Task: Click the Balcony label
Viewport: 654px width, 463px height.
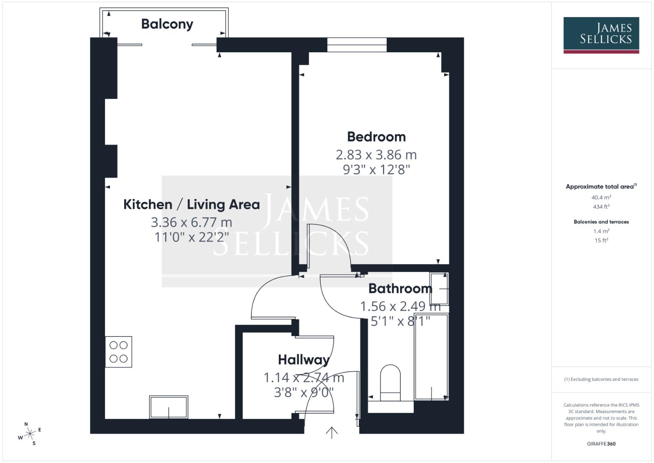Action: point(167,24)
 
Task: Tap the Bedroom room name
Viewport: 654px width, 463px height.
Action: point(376,137)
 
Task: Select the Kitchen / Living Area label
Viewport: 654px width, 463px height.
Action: point(191,204)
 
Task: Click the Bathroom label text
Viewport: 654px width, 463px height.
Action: point(400,289)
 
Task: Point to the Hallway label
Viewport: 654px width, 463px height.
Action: point(304,360)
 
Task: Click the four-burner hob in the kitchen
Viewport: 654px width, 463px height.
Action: point(119,352)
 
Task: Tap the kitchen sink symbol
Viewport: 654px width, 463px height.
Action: point(168,407)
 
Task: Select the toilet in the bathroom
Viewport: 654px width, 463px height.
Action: point(390,383)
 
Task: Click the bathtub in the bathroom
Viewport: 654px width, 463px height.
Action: point(431,357)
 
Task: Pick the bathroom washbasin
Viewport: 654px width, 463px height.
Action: point(439,289)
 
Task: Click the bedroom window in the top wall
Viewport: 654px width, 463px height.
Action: point(357,45)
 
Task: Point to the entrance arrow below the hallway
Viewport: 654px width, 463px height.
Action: point(331,433)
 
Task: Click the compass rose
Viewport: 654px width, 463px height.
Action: point(30,434)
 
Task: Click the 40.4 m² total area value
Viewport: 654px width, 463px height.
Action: point(601,198)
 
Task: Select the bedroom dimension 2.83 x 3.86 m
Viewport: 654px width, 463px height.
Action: point(376,154)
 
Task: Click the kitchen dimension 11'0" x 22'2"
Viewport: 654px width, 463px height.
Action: point(191,237)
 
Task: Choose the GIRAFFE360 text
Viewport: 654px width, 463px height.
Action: point(601,444)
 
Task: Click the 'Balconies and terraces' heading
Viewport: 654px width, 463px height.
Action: point(601,222)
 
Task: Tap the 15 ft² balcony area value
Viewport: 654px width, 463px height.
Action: point(601,241)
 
